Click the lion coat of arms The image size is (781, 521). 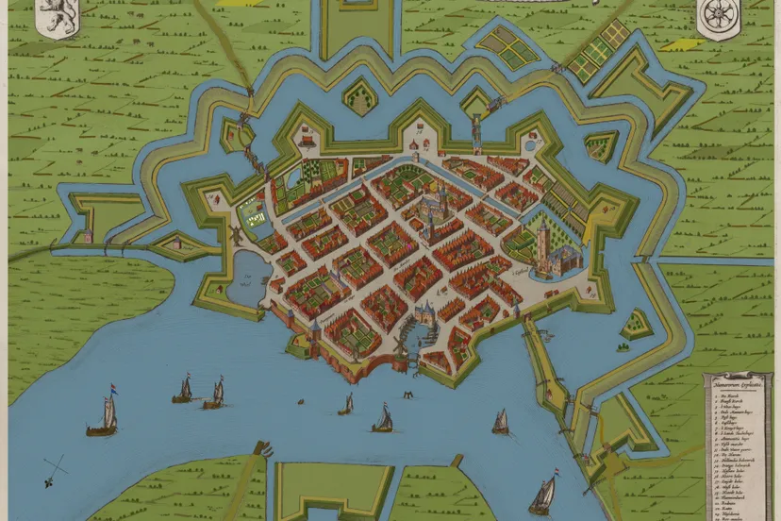[x=56, y=18]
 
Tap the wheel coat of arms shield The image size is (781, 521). [x=715, y=18]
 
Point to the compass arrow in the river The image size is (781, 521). [x=56, y=464]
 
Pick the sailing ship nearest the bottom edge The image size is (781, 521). [x=542, y=494]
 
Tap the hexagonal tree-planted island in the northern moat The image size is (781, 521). [x=357, y=93]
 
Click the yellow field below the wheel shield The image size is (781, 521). [x=678, y=43]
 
